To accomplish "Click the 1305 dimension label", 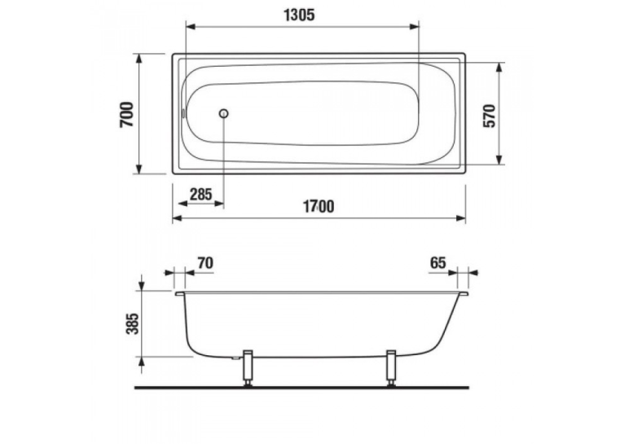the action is pyautogui.click(x=299, y=15).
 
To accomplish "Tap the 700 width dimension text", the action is pyautogui.click(x=127, y=115).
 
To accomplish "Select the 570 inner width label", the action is pyautogui.click(x=489, y=116).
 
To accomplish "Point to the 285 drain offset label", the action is pyautogui.click(x=200, y=195).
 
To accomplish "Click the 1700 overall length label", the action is pyautogui.click(x=319, y=206).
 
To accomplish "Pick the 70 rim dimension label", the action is pyautogui.click(x=205, y=263).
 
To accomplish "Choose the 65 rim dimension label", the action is pyautogui.click(x=437, y=263).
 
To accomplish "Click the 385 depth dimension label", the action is pyautogui.click(x=133, y=323).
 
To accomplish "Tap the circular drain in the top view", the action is pyautogui.click(x=224, y=114).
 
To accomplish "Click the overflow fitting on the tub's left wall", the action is pyautogui.click(x=183, y=114).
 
